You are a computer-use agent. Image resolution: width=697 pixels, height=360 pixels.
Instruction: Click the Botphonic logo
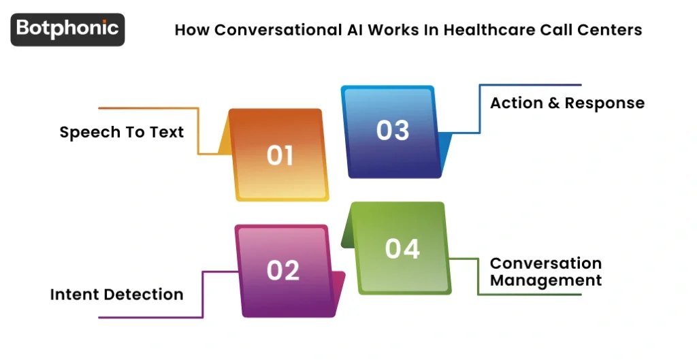(67, 29)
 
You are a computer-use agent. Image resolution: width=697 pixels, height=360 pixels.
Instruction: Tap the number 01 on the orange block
(280, 155)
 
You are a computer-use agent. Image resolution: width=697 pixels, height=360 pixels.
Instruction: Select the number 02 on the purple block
(283, 270)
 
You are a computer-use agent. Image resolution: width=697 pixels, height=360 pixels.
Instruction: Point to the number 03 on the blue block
(393, 130)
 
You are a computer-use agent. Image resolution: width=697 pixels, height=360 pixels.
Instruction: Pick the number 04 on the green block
(402, 249)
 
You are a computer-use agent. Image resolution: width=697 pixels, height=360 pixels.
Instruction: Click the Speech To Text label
(122, 132)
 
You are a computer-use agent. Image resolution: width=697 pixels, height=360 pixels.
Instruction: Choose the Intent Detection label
(116, 295)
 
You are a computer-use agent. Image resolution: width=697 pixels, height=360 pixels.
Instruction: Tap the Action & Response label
(567, 103)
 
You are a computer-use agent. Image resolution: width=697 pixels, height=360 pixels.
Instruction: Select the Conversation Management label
(546, 272)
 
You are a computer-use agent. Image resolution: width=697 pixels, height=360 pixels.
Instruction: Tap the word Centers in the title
(614, 30)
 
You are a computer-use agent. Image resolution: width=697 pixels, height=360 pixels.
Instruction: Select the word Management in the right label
(546, 280)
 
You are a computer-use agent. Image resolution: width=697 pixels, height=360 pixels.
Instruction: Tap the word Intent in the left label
(69, 295)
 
